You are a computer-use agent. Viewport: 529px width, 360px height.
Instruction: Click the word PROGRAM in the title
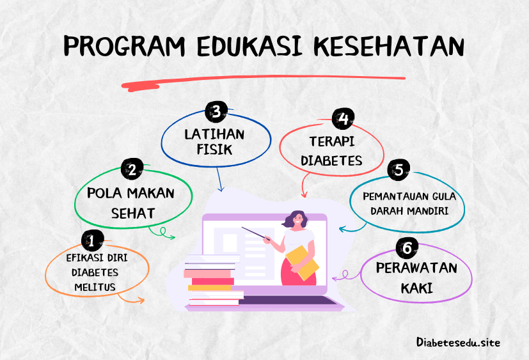click(x=125, y=46)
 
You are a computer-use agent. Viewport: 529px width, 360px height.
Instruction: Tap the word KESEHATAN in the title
click(x=390, y=46)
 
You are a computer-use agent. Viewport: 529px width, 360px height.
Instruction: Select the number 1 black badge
click(x=92, y=241)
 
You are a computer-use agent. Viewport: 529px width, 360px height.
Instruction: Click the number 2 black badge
click(x=132, y=169)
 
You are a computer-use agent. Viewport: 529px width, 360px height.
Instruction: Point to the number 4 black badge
click(x=343, y=119)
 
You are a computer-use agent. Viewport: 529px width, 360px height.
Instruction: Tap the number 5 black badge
click(x=399, y=169)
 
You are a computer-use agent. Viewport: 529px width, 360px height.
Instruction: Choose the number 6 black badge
click(x=407, y=248)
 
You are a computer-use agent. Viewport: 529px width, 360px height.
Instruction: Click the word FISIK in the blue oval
click(x=214, y=150)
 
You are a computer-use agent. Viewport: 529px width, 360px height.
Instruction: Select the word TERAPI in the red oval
click(x=332, y=142)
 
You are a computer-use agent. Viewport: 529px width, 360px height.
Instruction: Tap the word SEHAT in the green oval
click(x=133, y=214)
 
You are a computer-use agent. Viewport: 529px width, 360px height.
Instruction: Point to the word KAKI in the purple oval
click(x=416, y=288)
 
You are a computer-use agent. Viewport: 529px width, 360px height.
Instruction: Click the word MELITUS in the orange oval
click(x=95, y=288)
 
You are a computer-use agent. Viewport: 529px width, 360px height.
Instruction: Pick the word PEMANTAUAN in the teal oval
click(x=391, y=197)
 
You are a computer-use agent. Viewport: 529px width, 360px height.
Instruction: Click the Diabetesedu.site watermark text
click(x=458, y=343)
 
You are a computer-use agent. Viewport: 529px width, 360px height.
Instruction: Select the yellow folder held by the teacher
click(x=303, y=263)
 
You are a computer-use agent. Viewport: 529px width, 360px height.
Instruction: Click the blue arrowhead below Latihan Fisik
click(x=221, y=188)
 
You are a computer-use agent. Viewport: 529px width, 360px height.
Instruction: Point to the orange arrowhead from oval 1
click(x=140, y=300)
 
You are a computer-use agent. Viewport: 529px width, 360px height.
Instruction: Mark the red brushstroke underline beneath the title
click(x=263, y=82)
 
